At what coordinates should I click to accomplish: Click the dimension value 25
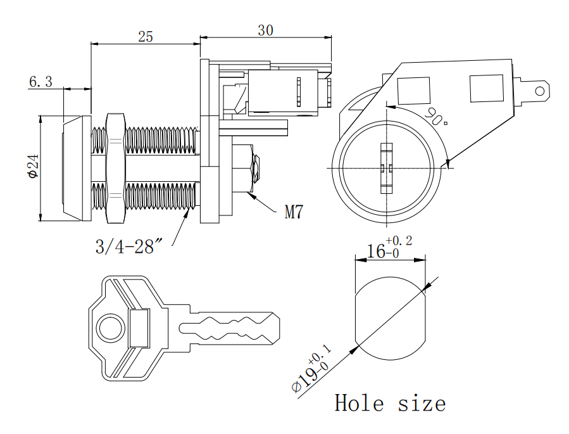point(146,36)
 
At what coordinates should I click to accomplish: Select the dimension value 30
point(266,30)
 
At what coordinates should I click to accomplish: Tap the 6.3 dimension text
point(41,81)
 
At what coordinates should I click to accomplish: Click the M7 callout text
point(293,212)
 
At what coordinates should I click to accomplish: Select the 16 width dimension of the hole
point(377,251)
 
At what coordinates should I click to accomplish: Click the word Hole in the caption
point(359,403)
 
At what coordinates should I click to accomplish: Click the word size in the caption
point(422,403)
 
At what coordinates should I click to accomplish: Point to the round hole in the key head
point(109,328)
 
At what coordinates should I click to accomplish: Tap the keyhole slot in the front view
point(385,168)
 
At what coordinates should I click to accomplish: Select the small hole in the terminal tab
point(540,91)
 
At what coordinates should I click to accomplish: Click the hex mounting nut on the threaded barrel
point(115,168)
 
